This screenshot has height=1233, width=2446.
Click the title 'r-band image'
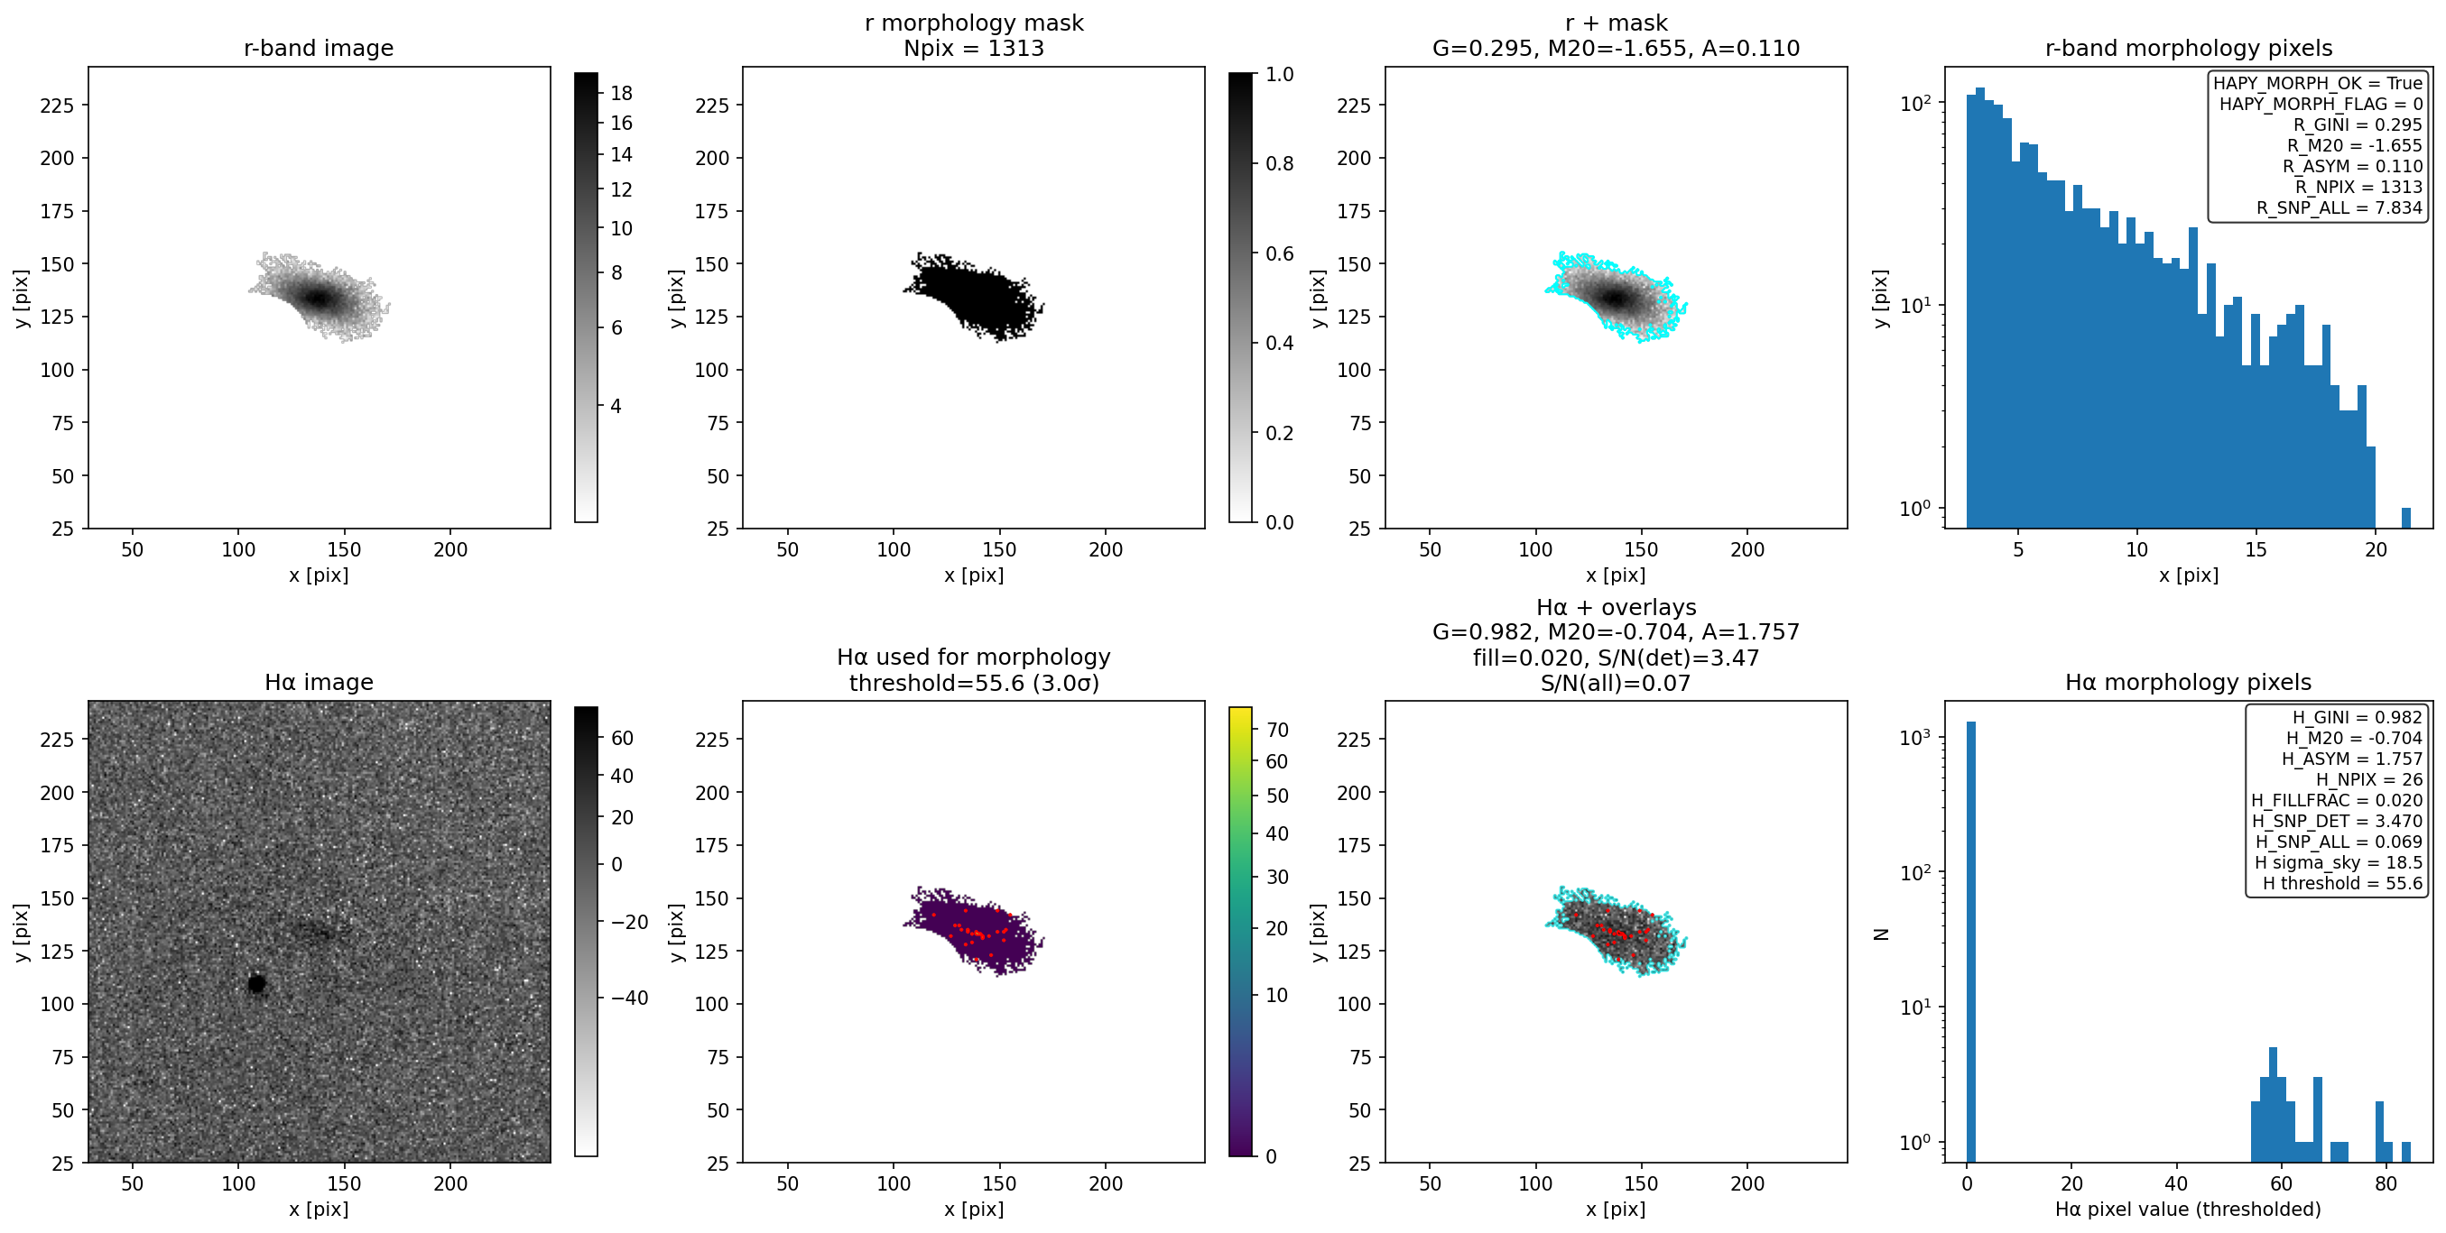(x=318, y=48)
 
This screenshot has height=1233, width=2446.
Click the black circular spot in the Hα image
(x=256, y=983)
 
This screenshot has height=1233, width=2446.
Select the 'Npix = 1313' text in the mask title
(x=973, y=48)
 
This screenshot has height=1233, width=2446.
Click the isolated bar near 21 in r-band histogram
(x=2406, y=519)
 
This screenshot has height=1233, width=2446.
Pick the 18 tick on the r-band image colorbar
(x=621, y=93)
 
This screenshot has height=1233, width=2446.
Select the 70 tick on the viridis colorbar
(x=1277, y=730)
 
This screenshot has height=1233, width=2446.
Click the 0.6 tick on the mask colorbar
(x=1279, y=253)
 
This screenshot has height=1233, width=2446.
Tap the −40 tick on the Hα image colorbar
(x=624, y=998)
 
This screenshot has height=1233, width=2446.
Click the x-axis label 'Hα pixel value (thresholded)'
(x=2188, y=1209)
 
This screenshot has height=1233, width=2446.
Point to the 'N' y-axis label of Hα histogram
(x=1880, y=934)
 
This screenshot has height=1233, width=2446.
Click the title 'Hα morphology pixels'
(x=2188, y=682)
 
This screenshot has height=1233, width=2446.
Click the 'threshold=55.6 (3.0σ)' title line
(x=973, y=683)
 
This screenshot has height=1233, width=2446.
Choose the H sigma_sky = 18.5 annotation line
(x=2339, y=863)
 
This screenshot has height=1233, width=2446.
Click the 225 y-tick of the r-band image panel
(x=57, y=106)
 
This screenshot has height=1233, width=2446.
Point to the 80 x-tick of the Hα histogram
(x=2386, y=1182)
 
